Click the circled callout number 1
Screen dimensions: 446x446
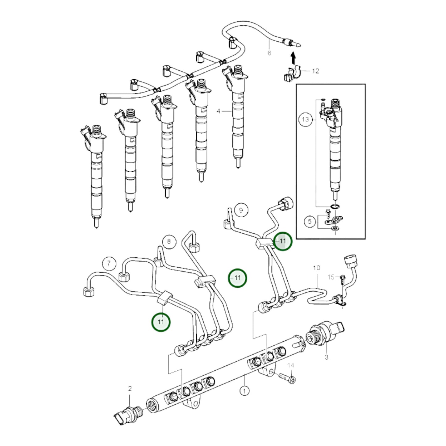[x=244, y=391]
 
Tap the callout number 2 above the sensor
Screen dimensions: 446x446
[x=130, y=389]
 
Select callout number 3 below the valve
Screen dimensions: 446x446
[x=326, y=357]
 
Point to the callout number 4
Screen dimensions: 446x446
[x=219, y=111]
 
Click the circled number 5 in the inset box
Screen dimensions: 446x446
[x=310, y=221]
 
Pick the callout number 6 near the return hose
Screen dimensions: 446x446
[x=269, y=53]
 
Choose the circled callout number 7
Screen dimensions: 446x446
[x=109, y=264]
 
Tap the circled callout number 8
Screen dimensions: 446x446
[x=169, y=241]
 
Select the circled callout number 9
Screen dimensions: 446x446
[x=241, y=210]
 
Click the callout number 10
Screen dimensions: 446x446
[x=317, y=268]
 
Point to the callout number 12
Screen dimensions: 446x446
[x=315, y=71]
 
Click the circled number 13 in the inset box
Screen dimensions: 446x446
[x=305, y=119]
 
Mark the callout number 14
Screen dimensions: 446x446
[x=291, y=365]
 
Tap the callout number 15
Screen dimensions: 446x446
[x=331, y=277]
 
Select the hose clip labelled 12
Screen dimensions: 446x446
[x=291, y=74]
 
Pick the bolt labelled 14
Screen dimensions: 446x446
[x=287, y=378]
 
